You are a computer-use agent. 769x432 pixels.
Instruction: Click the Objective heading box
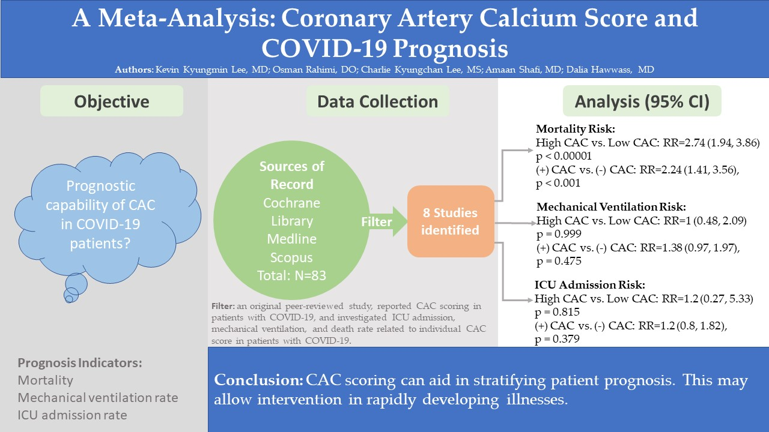coord(112,101)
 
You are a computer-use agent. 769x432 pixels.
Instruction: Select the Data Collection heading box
coord(378,101)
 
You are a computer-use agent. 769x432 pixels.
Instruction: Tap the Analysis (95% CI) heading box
coord(642,101)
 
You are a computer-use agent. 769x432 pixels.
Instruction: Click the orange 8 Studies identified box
coord(451,221)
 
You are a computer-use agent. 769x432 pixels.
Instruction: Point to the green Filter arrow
coord(383,221)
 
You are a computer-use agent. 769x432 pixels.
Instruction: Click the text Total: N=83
coord(291,275)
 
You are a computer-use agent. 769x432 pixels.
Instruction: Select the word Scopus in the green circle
coord(291,257)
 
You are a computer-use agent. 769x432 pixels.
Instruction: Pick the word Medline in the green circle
coord(291,239)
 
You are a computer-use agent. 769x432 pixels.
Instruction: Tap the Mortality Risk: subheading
coord(576,129)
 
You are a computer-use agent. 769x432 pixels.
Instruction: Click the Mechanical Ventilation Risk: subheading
coord(611,207)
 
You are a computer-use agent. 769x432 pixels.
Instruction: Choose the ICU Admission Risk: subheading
coord(590,284)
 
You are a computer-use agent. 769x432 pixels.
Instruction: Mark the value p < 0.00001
coord(564,156)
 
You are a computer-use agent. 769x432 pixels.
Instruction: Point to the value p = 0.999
coord(559,234)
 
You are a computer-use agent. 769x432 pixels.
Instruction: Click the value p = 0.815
coord(557,311)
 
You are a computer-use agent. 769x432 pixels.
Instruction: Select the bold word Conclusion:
coord(258,380)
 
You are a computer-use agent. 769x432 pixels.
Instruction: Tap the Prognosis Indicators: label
coord(80,363)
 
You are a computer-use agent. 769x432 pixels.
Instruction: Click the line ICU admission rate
coord(72,415)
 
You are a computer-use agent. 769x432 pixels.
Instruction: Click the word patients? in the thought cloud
coord(100,244)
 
